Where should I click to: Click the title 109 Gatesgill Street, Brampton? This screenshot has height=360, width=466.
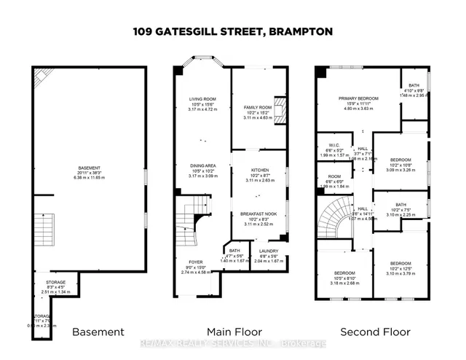[232, 32]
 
